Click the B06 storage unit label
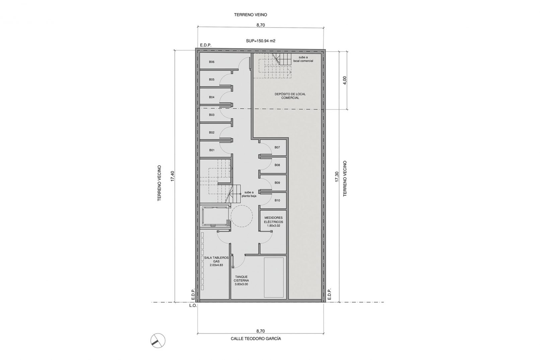pos(212,62)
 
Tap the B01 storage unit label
pos(212,150)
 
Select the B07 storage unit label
pos(277,147)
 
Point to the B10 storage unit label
pos(277,200)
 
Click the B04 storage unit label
pos(212,97)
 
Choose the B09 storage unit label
pos(277,183)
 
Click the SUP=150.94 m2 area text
pos(261,41)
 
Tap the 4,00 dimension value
pos(345,80)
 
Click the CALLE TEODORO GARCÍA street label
pos(256,339)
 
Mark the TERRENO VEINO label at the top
pos(251,15)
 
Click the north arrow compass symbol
pos(158,341)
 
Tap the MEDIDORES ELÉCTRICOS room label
pos(273,220)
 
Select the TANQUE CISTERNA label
pos(241,279)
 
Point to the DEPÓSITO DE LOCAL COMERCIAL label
pos(290,96)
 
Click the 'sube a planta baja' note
pos(249,194)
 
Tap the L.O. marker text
pos(193,305)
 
